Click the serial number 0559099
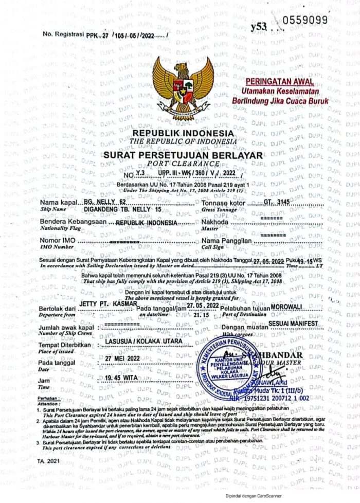(x=305, y=20)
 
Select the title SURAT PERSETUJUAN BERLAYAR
(x=183, y=155)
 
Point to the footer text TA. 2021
(x=48, y=462)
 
